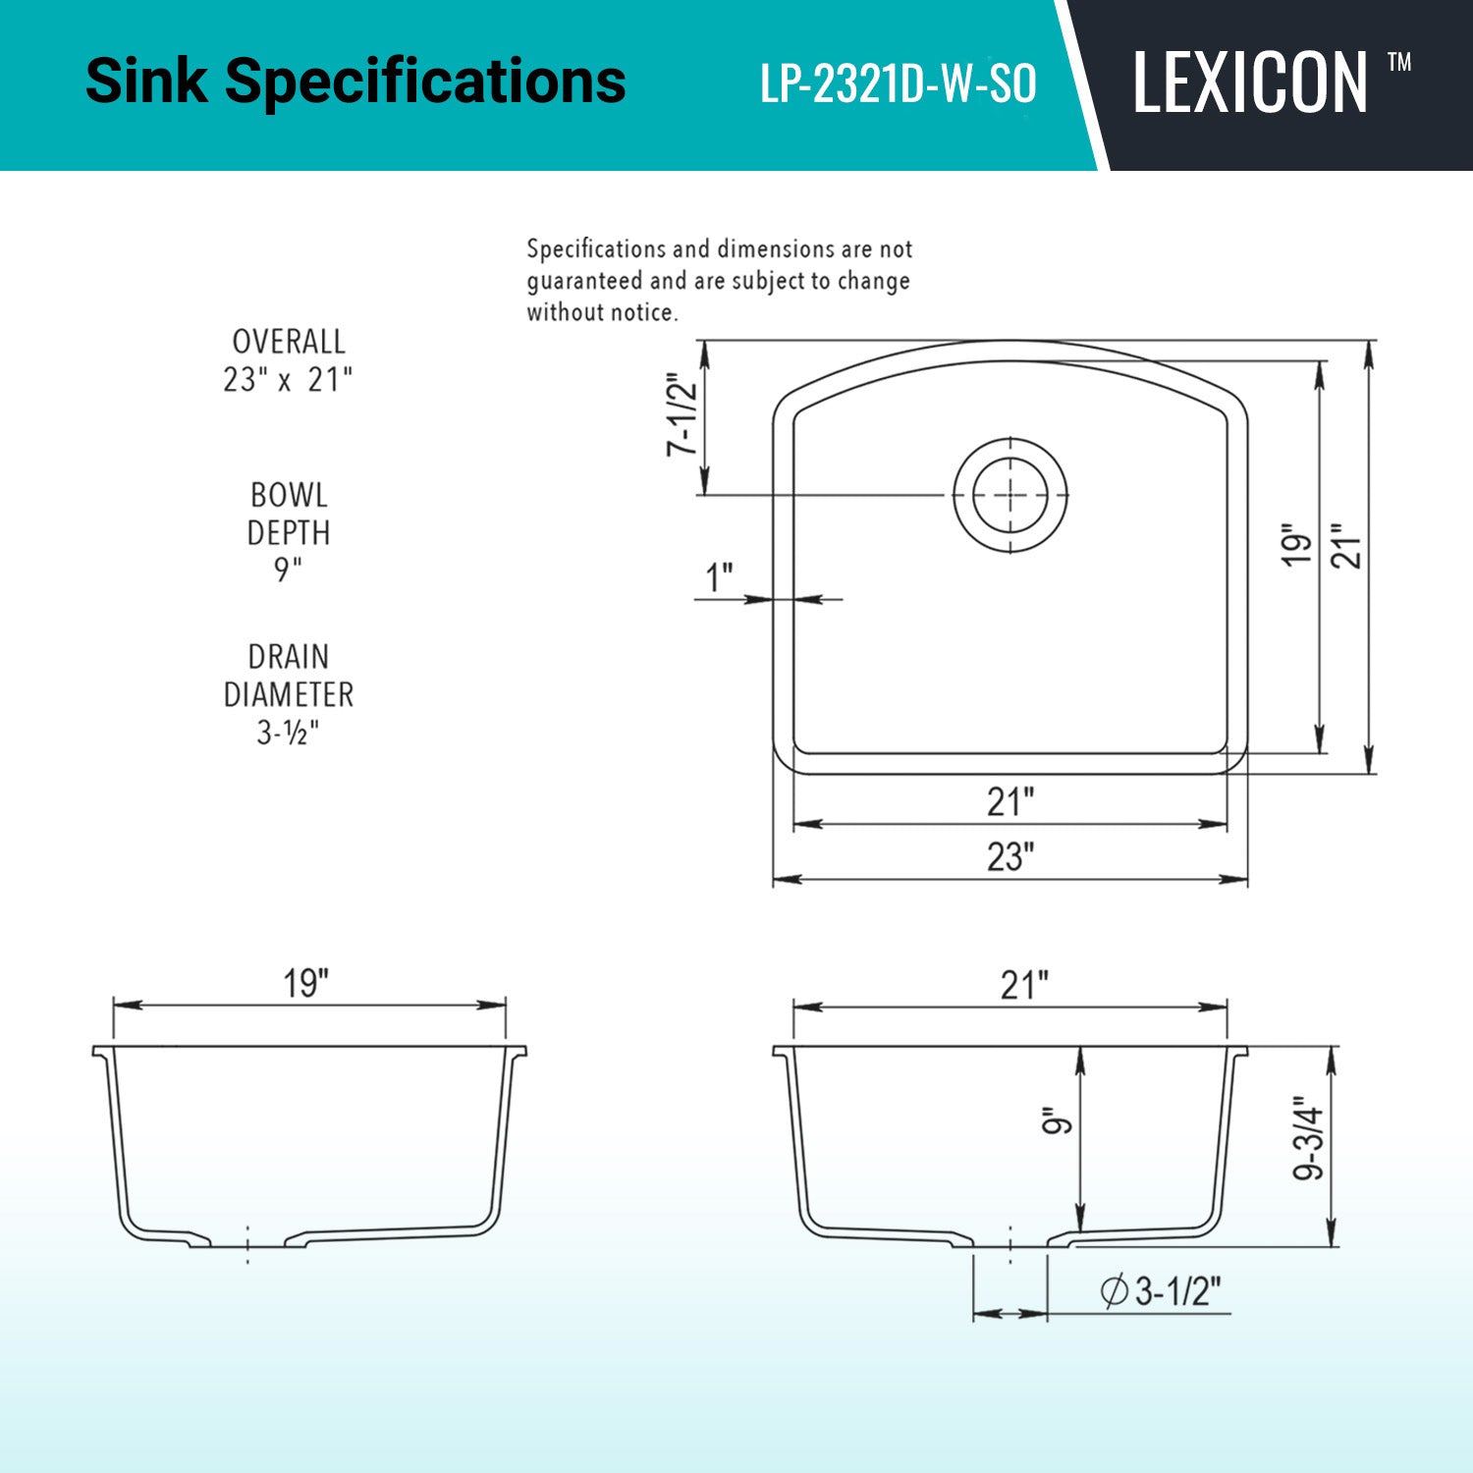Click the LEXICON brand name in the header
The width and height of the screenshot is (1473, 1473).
pyautogui.click(x=1250, y=82)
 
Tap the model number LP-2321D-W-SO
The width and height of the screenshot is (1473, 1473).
pyautogui.click(x=899, y=84)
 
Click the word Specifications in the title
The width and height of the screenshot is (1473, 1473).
pyautogui.click(x=426, y=82)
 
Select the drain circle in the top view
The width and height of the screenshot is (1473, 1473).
pyautogui.click(x=1010, y=495)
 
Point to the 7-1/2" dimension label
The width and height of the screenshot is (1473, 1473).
pyautogui.click(x=682, y=413)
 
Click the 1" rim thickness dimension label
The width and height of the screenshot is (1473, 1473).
pyautogui.click(x=720, y=577)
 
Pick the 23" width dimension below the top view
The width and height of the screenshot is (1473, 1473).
pyautogui.click(x=1011, y=856)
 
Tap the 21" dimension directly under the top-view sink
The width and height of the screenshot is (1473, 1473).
pyautogui.click(x=1011, y=801)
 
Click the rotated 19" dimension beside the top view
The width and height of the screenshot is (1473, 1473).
pyautogui.click(x=1297, y=543)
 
